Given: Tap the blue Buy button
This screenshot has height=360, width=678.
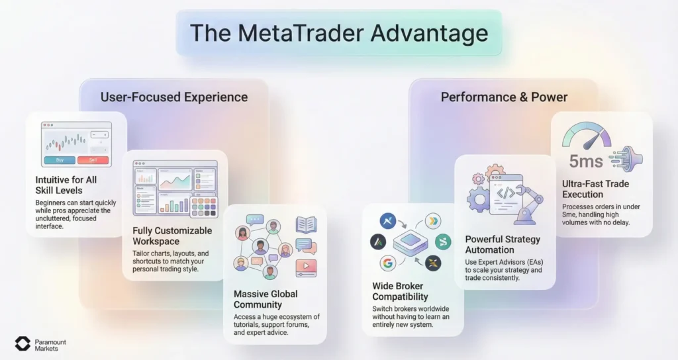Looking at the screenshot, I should (59, 159).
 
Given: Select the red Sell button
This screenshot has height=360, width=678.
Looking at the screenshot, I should (92, 159).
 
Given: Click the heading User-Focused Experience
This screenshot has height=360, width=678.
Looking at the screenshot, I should (174, 97).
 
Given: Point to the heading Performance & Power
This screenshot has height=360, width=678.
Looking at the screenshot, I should (504, 97).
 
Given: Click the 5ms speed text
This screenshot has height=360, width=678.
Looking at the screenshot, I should (585, 161).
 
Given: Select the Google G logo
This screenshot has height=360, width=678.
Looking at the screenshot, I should (388, 263).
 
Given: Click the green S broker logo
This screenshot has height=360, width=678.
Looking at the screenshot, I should (443, 242).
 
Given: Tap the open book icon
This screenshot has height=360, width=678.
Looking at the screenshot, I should (306, 224).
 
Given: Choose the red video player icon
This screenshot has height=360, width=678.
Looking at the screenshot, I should (306, 267).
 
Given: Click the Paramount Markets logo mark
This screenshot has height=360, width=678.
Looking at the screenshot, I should (23, 343).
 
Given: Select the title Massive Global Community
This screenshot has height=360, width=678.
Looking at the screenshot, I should (266, 299).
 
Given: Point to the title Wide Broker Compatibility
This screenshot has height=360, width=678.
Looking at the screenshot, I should (400, 291).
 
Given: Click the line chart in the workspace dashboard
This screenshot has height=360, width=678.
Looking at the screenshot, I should (174, 178).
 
